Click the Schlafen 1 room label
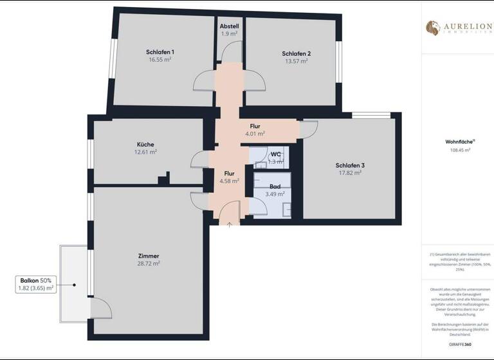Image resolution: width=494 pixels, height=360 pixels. [160, 51]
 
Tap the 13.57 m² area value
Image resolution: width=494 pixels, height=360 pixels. [296, 61]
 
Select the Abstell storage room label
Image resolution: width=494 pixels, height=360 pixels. [229, 26]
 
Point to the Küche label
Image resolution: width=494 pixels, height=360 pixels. [145, 145]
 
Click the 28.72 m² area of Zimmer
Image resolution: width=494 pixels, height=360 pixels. [148, 263]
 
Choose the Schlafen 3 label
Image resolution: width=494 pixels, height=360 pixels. [349, 165]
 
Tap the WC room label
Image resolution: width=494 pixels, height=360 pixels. [275, 154]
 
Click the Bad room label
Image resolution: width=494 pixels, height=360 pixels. [275, 186]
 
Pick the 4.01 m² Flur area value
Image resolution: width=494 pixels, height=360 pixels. [255, 134]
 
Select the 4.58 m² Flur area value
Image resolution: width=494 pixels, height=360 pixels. [229, 181]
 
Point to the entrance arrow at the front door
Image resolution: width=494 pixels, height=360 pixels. [230, 224]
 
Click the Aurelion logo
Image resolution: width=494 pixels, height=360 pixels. [457, 28]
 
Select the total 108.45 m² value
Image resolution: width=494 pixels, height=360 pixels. [460, 150]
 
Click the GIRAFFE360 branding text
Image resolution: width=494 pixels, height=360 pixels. [471, 345]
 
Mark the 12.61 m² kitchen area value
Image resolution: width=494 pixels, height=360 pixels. [145, 152]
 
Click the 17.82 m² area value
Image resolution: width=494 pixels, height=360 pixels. [349, 173]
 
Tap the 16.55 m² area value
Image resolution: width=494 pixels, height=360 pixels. [160, 59]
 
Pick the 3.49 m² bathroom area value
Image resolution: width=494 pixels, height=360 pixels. [275, 194]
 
